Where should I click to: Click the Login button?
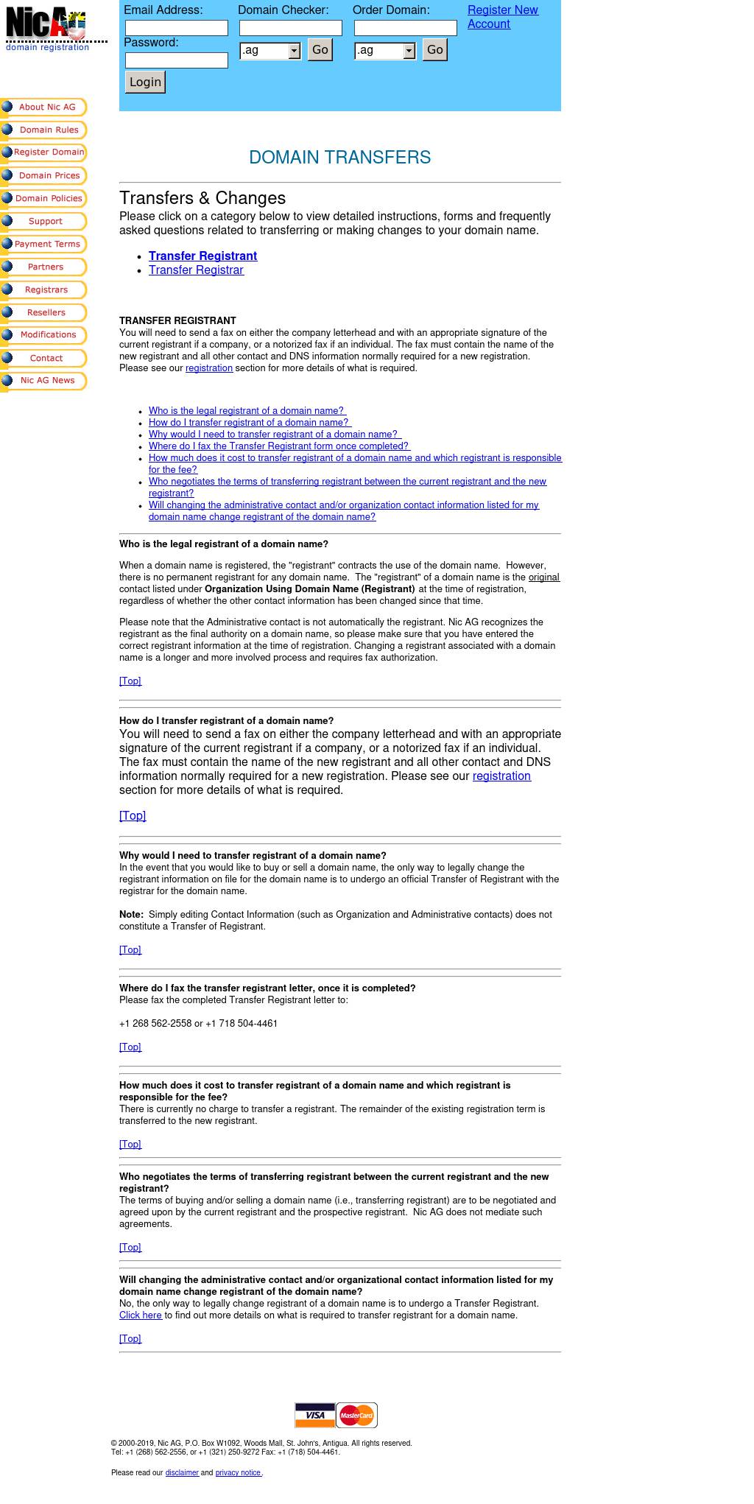tap(145, 82)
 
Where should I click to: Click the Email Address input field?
tap(177, 28)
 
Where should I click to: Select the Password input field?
tap(177, 60)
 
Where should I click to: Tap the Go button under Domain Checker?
tap(320, 50)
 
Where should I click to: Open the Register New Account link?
tap(502, 17)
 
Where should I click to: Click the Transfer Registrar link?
tap(196, 270)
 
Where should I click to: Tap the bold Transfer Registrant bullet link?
tap(202, 256)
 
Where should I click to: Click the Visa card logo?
tap(315, 1415)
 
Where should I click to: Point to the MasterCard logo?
tap(356, 1415)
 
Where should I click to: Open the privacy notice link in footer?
tap(239, 1472)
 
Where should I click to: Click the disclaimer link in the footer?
tap(182, 1472)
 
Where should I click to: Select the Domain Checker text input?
tap(291, 28)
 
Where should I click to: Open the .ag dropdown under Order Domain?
tap(385, 51)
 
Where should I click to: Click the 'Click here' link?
tap(141, 1315)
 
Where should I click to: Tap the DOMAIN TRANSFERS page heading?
tap(339, 158)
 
